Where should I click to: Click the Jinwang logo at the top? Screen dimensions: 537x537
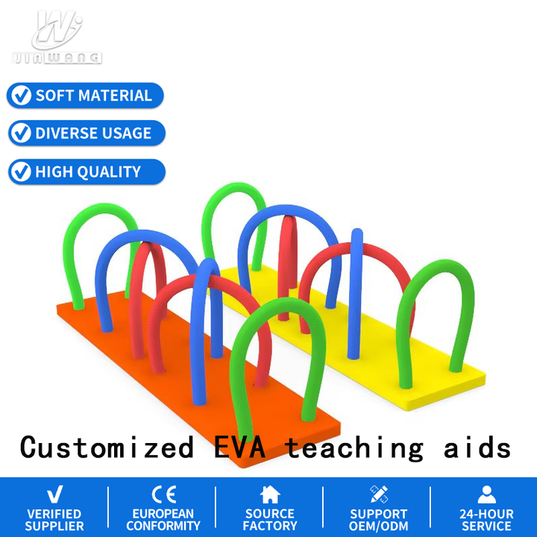[x=57, y=37]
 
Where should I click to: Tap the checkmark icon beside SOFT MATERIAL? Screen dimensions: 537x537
[x=21, y=95]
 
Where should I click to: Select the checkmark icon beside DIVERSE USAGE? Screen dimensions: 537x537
[x=21, y=133]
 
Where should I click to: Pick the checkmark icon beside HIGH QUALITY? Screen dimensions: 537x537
[x=21, y=172]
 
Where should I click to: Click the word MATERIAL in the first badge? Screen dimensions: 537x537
[x=115, y=95]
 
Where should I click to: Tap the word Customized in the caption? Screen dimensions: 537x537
[x=107, y=447]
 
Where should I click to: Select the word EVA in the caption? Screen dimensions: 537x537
[x=239, y=447]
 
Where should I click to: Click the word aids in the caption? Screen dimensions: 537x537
[x=477, y=447]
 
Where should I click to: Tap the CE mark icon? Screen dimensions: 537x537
[x=164, y=494]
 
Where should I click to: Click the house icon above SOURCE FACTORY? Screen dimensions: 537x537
[x=270, y=494]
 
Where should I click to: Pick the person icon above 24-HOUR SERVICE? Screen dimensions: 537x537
[x=486, y=494]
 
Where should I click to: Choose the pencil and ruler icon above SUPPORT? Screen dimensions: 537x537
[x=379, y=494]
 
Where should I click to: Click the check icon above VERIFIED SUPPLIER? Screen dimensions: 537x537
[x=54, y=494]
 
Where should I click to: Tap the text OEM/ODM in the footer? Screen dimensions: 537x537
[x=379, y=526]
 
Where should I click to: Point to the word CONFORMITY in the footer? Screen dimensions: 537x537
[x=163, y=526]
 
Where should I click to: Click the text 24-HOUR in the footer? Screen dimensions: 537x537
[x=486, y=514]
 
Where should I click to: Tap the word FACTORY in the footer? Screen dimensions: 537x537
[x=270, y=526]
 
